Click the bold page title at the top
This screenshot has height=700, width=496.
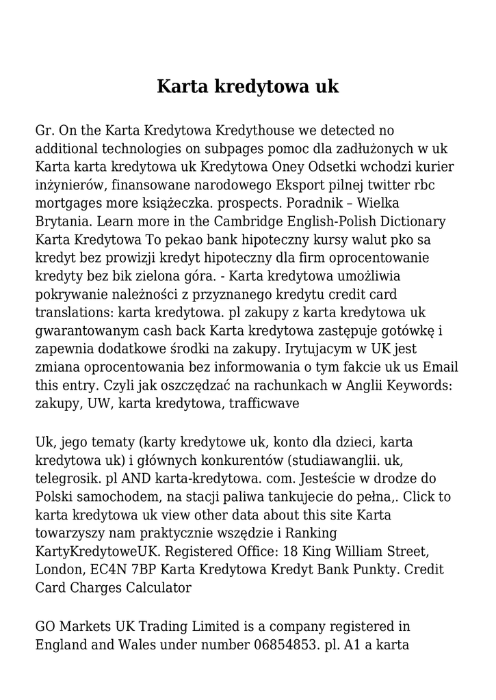click(248, 87)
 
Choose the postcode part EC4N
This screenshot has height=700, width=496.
click(112, 569)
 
